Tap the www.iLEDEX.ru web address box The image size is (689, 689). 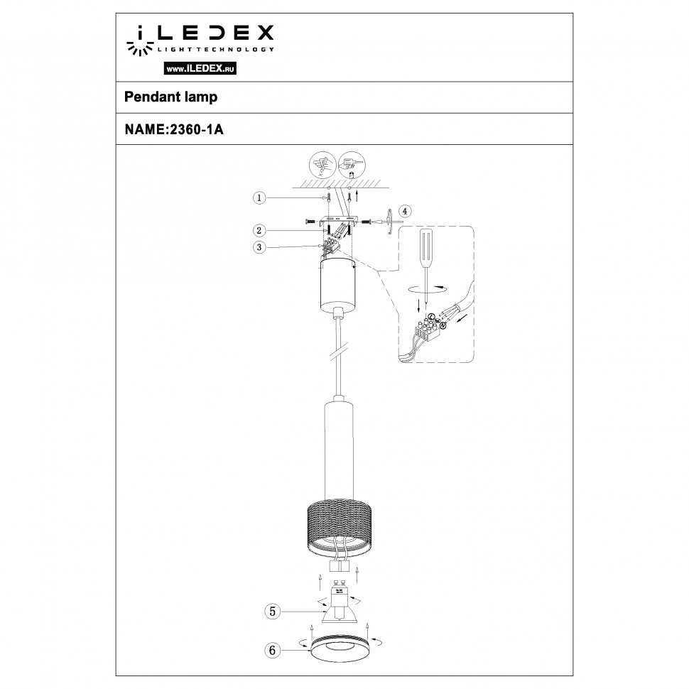200,69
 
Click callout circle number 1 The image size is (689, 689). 261,198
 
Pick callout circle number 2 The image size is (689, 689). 261,230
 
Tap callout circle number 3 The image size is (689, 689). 261,246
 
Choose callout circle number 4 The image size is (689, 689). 404,211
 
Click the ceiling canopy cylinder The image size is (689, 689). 338,285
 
